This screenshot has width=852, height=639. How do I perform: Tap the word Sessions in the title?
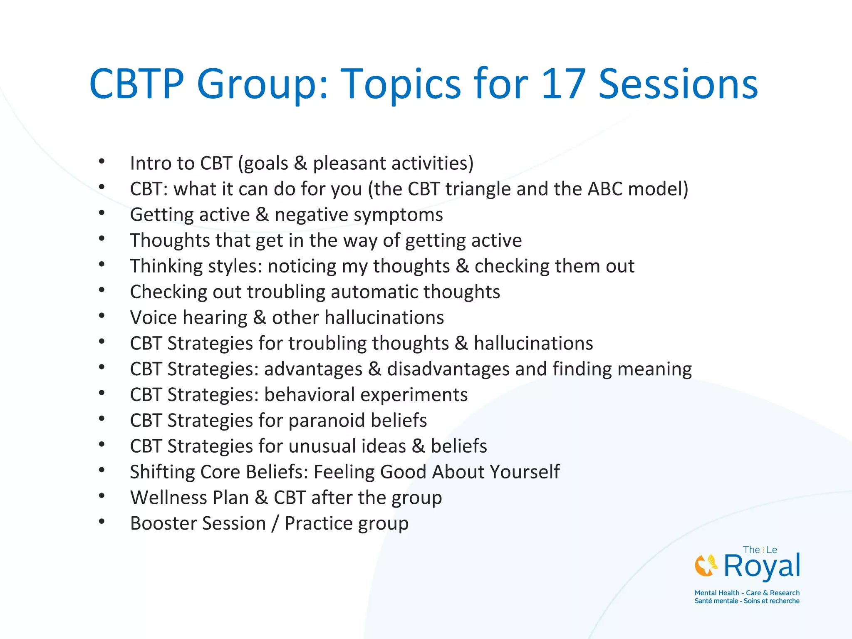pyautogui.click(x=678, y=84)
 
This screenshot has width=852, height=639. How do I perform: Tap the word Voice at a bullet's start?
pyautogui.click(x=154, y=318)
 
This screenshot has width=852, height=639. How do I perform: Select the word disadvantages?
pyautogui.click(x=448, y=369)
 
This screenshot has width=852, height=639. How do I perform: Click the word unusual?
pyautogui.click(x=347, y=446)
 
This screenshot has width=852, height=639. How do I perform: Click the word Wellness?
pyautogui.click(x=189, y=498)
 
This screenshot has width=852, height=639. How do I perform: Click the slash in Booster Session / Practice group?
pyautogui.click(x=275, y=524)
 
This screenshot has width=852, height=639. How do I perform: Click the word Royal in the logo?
pyautogui.click(x=761, y=567)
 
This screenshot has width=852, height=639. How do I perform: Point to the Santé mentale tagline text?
pyautogui.click(x=747, y=601)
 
